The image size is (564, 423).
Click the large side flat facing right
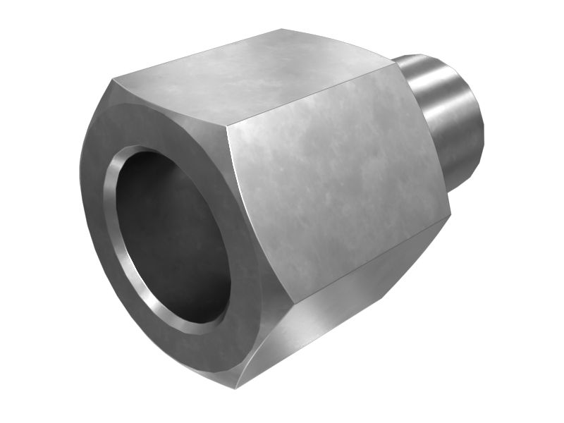pyautogui.click(x=338, y=176)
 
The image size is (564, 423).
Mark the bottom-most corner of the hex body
pyautogui.click(x=237, y=387)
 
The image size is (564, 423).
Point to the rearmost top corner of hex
pyautogui.click(x=282, y=30)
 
